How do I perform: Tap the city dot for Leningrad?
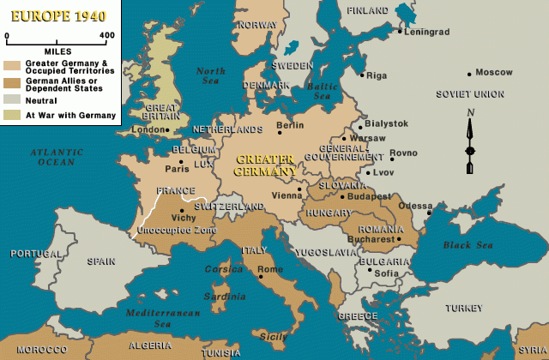tap(400, 32)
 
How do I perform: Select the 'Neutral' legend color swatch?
tap(11, 100)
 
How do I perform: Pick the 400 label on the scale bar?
tap(107, 35)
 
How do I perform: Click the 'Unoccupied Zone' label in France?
tap(178, 230)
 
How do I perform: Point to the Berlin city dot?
tap(279, 134)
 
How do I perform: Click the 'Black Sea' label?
tap(469, 245)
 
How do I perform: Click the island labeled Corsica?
tap(225, 268)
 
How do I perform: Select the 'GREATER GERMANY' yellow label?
tap(266, 165)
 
